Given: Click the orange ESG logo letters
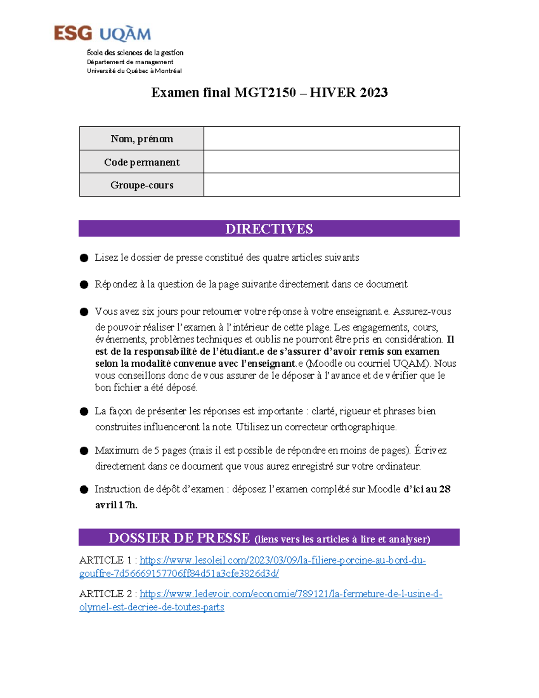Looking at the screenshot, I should click(73, 34).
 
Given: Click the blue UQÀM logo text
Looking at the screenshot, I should click(125, 35).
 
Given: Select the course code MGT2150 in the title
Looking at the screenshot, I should click(265, 93).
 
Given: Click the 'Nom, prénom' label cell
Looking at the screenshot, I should click(141, 139).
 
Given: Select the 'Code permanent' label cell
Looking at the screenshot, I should click(141, 162).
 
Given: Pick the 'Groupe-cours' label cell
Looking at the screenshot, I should click(141, 185).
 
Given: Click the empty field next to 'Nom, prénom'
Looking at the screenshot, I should click(331, 139).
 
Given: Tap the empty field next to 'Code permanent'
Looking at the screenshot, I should click(331, 162).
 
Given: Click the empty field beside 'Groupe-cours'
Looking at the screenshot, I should click(331, 185).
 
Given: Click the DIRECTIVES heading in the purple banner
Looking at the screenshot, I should click(269, 229).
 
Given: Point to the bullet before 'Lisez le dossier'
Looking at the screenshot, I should click(84, 258).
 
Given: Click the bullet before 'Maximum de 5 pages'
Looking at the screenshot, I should click(84, 451).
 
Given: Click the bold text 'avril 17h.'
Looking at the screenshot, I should click(116, 505).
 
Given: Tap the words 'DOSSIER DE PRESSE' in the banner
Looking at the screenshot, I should click(179, 538).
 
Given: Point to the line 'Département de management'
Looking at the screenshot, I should click(130, 62).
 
